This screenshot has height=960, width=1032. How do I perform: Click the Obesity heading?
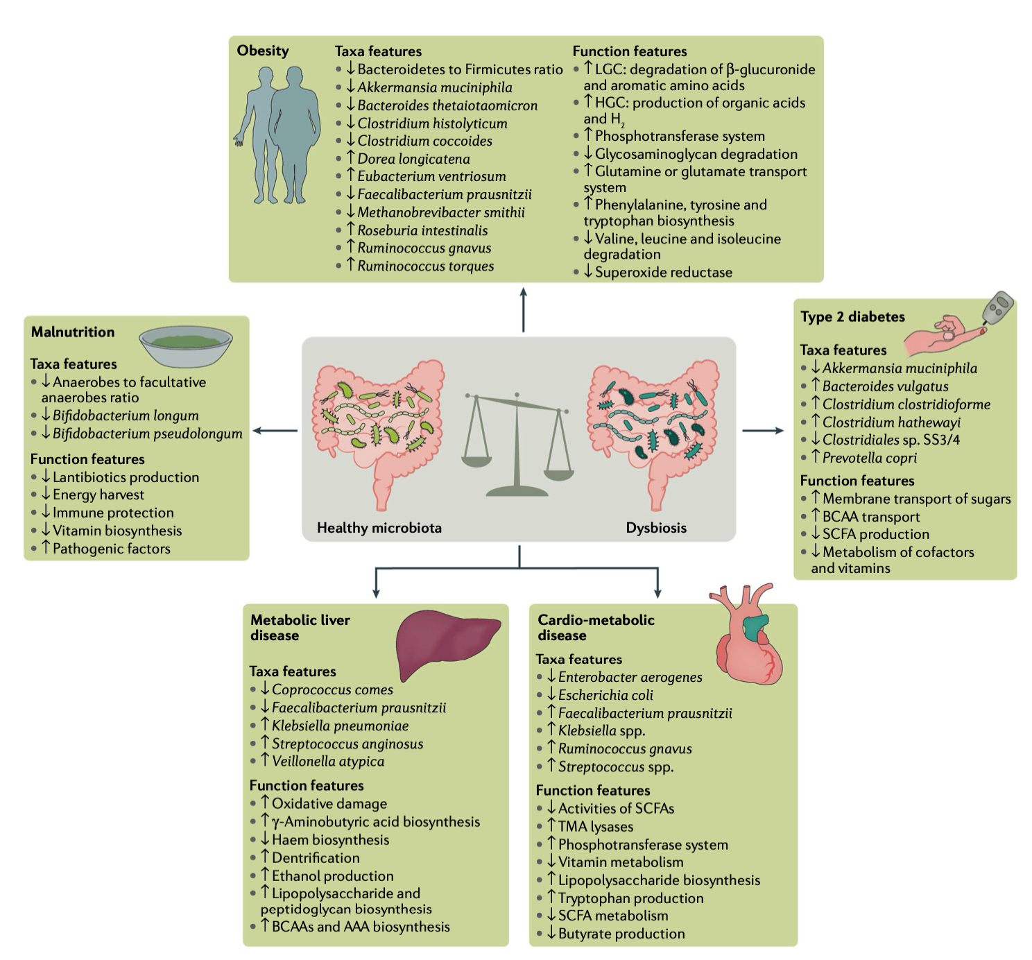click(263, 51)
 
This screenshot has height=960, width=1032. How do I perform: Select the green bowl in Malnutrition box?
click(185, 345)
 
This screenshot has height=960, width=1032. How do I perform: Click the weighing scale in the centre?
click(517, 444)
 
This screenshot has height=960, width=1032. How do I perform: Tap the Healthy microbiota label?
click(379, 528)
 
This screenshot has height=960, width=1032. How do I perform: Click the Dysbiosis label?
click(656, 528)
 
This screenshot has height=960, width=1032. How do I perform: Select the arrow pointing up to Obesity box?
click(523, 309)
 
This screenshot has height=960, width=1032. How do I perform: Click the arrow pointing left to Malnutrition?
click(275, 431)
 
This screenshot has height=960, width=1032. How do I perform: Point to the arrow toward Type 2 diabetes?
click(763, 431)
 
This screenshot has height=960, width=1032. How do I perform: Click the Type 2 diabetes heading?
click(852, 317)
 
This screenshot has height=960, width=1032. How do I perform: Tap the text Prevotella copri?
click(869, 458)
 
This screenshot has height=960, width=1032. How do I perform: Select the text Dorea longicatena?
click(413, 159)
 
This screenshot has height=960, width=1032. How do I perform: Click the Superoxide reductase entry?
click(663, 273)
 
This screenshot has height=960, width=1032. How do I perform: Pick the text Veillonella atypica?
click(327, 762)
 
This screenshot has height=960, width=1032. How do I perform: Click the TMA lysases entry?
click(595, 827)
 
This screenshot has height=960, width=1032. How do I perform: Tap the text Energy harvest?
click(98, 495)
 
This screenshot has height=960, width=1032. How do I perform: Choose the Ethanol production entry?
click(332, 876)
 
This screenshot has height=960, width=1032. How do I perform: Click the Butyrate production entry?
click(621, 934)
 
